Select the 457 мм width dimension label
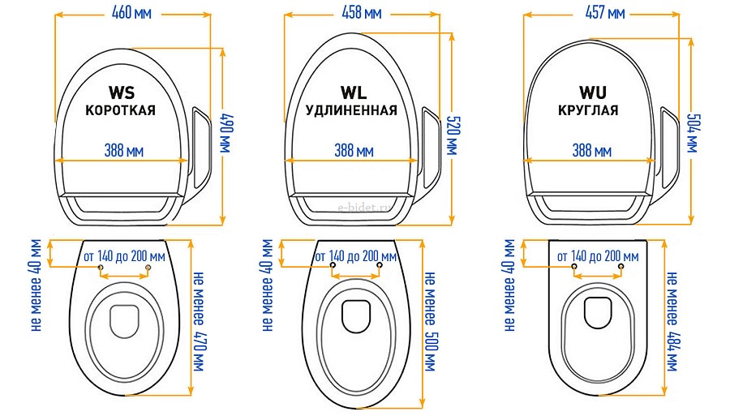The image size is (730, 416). click(x=604, y=13)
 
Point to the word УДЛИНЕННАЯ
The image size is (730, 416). click(x=352, y=110)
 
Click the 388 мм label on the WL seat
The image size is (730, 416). click(x=354, y=150)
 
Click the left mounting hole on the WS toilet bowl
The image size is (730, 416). click(x=100, y=268)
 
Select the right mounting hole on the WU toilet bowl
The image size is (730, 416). click(x=621, y=266)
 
